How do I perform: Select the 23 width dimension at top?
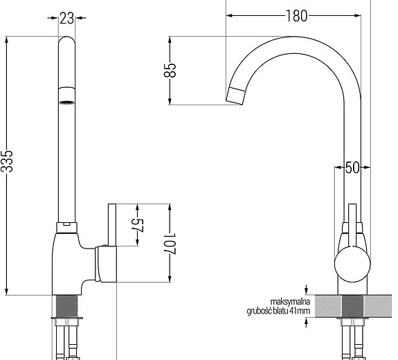pos(67,19)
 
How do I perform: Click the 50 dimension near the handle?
pos(352,167)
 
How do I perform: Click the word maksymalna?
pos(290,301)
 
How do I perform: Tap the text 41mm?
pos(300,312)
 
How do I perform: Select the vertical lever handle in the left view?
pos(111,225)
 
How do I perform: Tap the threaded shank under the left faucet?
pos(67,305)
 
